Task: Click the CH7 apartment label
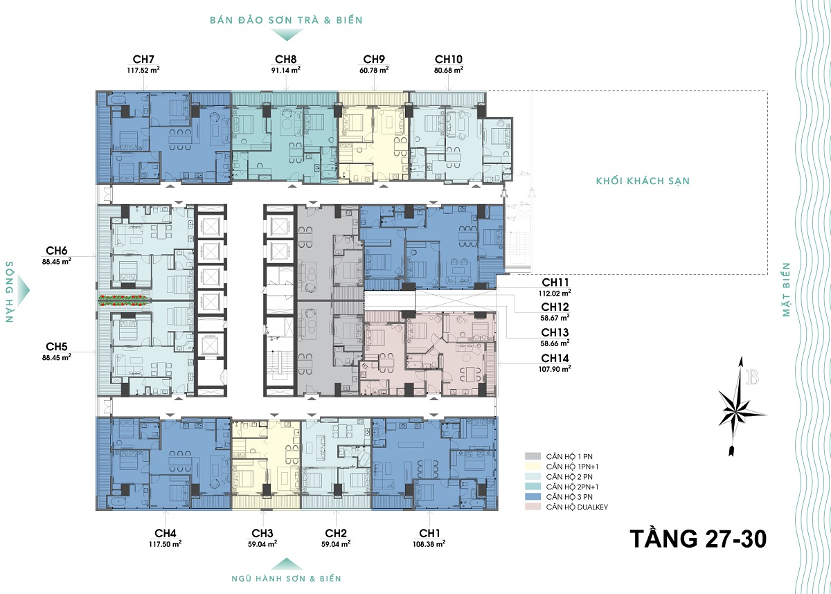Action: click(143, 60)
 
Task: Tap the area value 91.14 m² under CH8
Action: click(285, 70)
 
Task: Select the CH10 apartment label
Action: click(449, 60)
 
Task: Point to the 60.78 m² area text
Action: click(374, 70)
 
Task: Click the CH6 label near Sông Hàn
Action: click(56, 251)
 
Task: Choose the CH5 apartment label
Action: click(56, 347)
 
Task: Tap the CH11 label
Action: click(555, 282)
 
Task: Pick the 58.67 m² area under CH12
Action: click(555, 318)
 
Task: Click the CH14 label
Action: click(555, 358)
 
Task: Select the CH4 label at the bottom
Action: click(165, 533)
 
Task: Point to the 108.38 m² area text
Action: click(429, 544)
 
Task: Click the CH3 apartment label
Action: click(262, 533)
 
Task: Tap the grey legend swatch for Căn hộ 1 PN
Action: click(533, 456)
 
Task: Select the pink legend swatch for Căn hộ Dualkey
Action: click(533, 507)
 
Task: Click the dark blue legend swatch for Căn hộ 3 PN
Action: click(533, 496)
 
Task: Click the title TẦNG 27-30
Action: click(698, 539)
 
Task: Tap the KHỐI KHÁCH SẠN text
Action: click(643, 181)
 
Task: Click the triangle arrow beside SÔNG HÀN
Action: click(23, 291)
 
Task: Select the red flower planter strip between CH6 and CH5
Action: click(124, 300)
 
